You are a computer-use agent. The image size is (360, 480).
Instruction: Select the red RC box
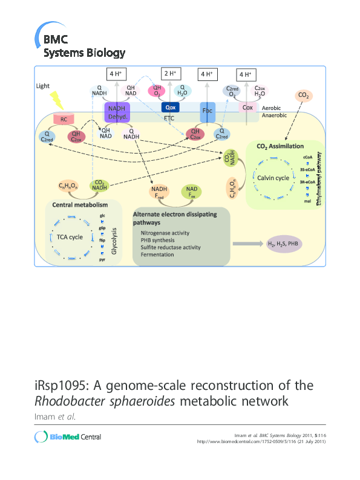tap(64, 119)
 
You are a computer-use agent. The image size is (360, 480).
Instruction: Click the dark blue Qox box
tap(170, 107)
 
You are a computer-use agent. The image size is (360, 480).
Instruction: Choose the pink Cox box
tap(247, 107)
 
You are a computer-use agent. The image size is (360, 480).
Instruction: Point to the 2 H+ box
tap(170, 74)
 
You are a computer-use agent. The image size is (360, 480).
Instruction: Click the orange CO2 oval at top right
tap(303, 95)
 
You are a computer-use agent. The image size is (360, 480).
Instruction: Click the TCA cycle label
tap(70, 237)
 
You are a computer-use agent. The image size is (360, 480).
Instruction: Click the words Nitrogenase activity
tap(165, 233)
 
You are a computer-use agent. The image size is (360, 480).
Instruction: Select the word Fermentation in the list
tap(158, 255)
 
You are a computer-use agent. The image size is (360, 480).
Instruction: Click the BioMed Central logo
tap(68, 437)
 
